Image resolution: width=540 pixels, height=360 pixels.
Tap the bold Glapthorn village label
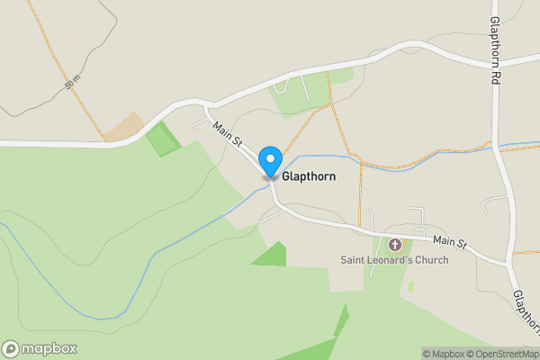coord(309,177)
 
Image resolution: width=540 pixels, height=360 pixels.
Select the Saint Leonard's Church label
coord(393,261)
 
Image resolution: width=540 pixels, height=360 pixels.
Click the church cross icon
coord(394,245)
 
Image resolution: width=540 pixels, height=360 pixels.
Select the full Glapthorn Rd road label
coord(494,51)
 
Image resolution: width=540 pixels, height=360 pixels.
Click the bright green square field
coord(163,139)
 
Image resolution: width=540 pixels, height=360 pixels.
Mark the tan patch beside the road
coord(124,128)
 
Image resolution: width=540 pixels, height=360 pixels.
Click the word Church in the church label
coord(430,261)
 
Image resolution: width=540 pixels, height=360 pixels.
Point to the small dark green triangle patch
coord(270,255)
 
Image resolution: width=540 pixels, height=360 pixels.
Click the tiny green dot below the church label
coord(410,286)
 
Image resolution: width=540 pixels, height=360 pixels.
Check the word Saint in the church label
coord(353,261)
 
